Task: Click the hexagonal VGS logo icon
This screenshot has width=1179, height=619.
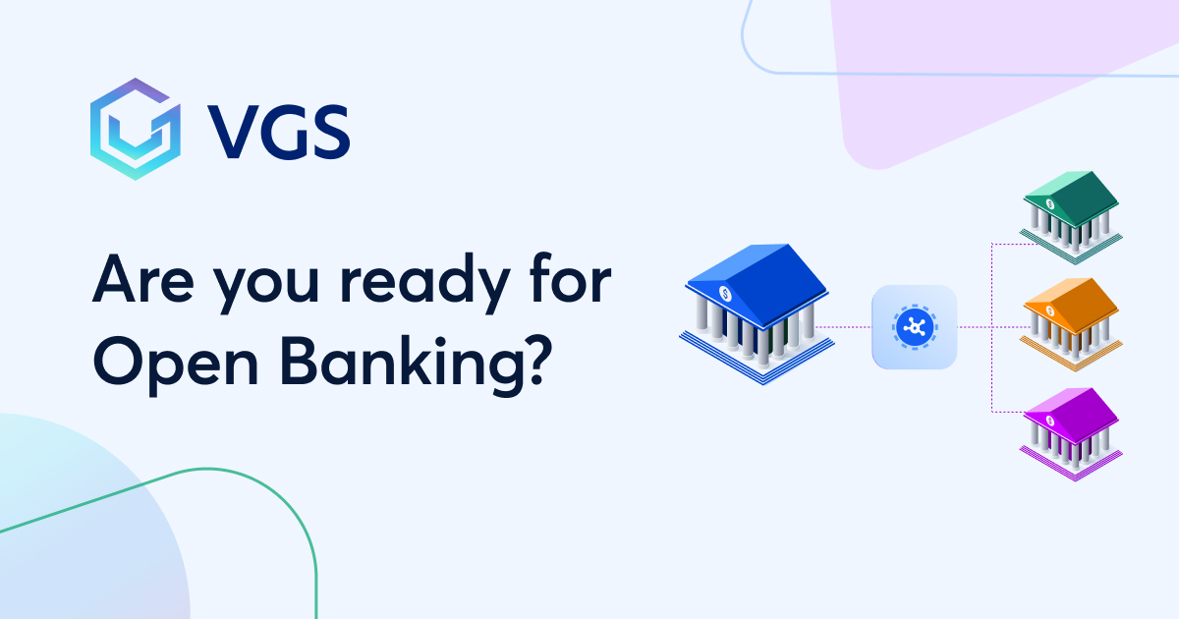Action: point(136,129)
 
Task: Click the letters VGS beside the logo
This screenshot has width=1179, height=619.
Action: point(278,132)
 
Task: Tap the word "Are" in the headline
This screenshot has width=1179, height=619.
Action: point(143,280)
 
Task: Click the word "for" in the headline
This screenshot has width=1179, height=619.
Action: point(571,278)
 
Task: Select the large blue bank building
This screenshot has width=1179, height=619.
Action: point(757,313)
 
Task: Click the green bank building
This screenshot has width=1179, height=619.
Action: point(1071,217)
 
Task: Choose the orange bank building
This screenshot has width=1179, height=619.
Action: point(1071,324)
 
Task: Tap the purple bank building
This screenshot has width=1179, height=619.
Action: point(1071,434)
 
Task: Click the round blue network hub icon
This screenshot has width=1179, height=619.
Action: point(915,327)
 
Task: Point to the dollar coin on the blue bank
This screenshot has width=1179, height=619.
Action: point(725,294)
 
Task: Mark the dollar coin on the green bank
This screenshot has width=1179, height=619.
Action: point(1050,204)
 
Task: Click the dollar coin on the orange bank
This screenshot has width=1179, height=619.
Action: point(1050,311)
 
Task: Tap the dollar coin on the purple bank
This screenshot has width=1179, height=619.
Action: point(1050,421)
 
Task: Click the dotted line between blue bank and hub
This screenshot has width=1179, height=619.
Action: point(843,327)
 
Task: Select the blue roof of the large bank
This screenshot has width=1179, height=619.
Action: point(757,284)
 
